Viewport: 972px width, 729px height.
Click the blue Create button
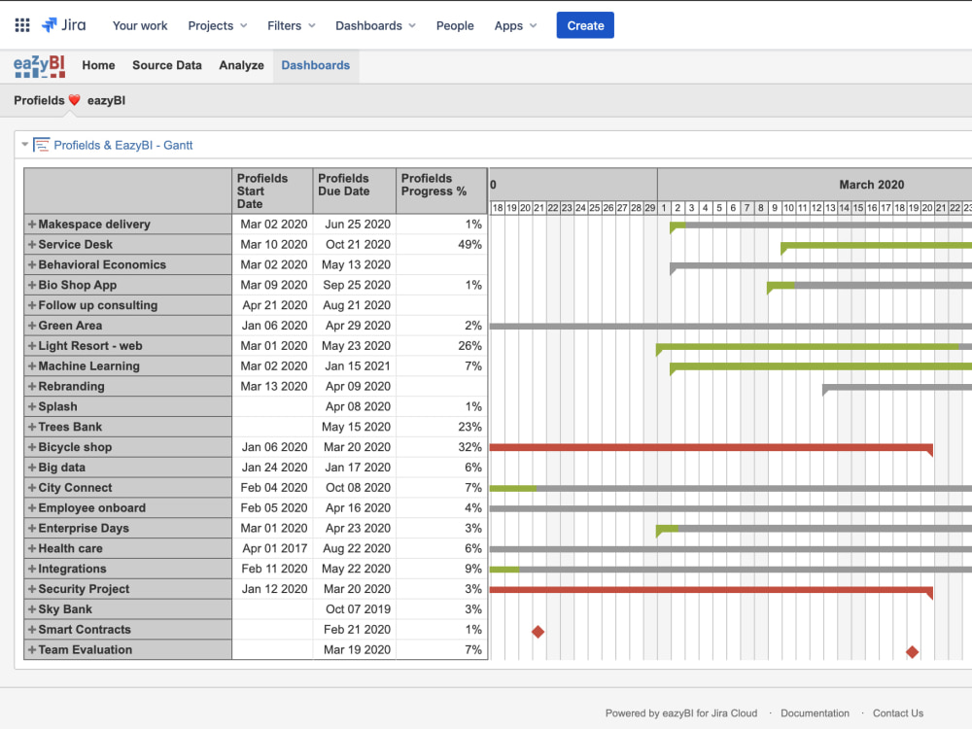click(585, 25)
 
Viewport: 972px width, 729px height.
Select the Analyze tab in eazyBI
click(241, 65)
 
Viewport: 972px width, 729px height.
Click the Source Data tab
click(167, 65)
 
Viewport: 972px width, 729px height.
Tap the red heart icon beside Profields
click(75, 100)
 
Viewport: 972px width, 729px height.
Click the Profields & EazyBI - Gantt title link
click(123, 145)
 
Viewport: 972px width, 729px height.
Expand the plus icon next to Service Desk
click(32, 244)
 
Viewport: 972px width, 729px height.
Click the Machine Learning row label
click(88, 365)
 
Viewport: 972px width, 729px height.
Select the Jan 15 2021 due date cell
click(358, 365)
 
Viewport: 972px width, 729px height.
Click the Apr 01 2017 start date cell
click(275, 548)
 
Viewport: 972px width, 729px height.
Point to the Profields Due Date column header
click(344, 185)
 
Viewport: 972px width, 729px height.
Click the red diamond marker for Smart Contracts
click(538, 632)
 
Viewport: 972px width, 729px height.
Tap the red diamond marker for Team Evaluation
click(912, 651)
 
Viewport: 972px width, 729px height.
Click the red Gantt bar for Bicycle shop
click(712, 447)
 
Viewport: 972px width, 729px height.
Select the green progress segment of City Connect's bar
click(512, 489)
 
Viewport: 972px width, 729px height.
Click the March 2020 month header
click(871, 185)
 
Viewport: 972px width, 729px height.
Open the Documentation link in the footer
click(815, 712)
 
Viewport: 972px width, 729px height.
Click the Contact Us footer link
click(897, 712)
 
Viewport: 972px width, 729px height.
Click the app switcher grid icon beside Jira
click(22, 25)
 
